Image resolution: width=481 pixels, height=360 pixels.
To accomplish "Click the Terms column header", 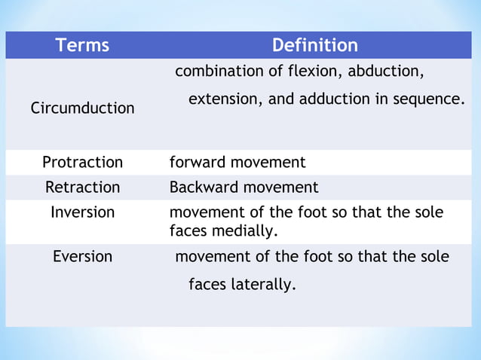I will (82, 45).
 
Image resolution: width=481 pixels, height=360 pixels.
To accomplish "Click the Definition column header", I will (314, 45).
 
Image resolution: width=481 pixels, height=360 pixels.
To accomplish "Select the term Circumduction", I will (82, 108).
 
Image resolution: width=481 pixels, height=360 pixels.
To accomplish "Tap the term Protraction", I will (82, 162).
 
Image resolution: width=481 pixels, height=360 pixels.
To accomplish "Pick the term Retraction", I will (82, 187).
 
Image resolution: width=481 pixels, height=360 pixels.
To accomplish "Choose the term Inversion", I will (82, 212).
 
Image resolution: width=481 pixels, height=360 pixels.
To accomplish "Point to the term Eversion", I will (82, 256).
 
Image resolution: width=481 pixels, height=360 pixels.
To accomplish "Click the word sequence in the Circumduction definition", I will (434, 99).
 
